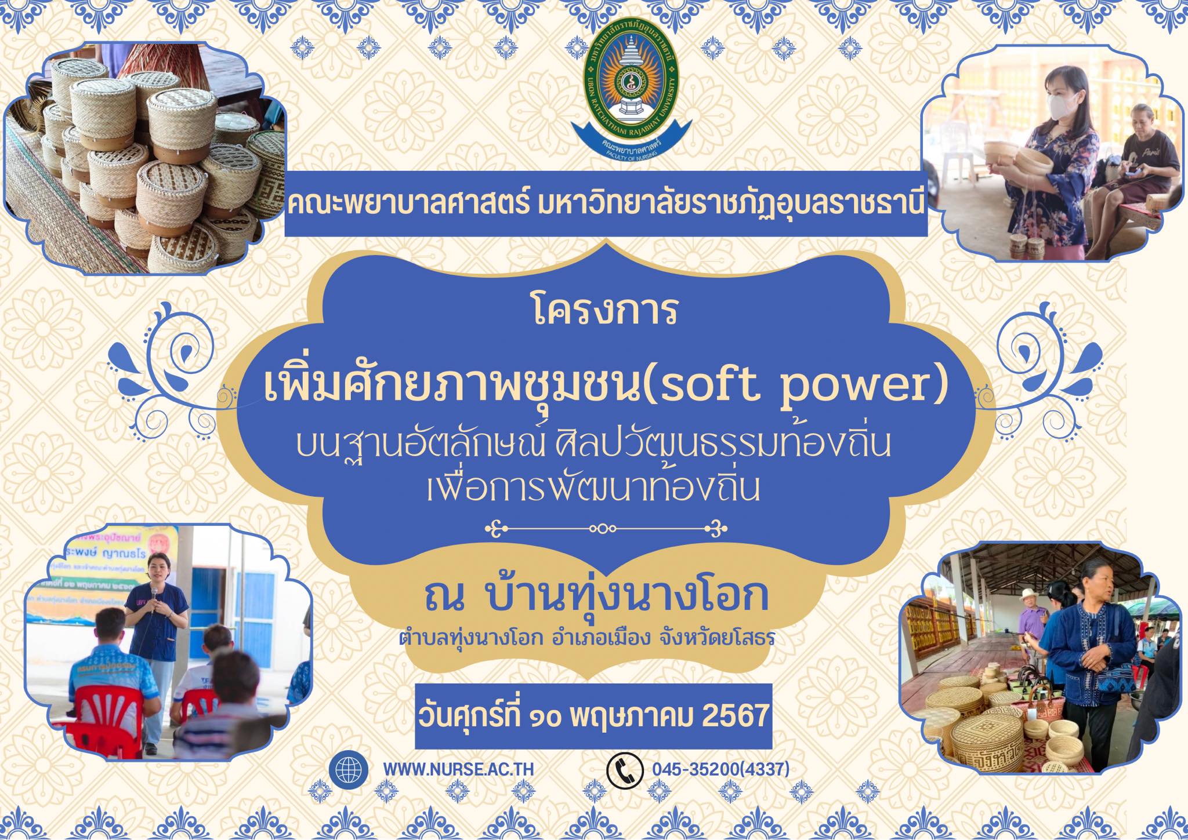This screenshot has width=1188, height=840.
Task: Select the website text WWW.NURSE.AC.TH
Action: tap(458, 770)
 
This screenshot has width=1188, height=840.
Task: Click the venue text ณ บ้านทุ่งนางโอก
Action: tap(596, 598)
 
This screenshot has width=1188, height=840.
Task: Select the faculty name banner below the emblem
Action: tap(606, 204)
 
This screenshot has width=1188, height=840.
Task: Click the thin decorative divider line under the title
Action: tap(605, 529)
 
